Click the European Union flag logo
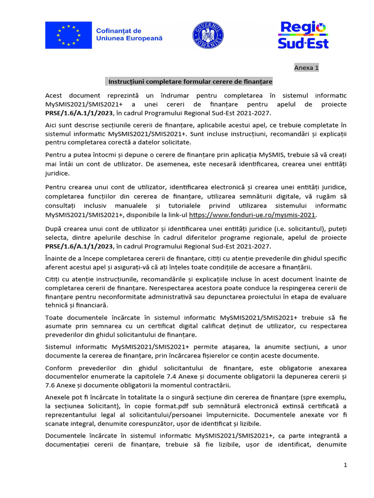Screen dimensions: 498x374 [68, 35]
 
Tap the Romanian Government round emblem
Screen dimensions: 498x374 [208, 35]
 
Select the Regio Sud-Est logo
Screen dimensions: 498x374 [303, 35]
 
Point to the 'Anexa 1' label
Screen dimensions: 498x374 [306, 68]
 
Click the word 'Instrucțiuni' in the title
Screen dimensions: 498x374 [127, 81]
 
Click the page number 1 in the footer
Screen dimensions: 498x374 [345, 465]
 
